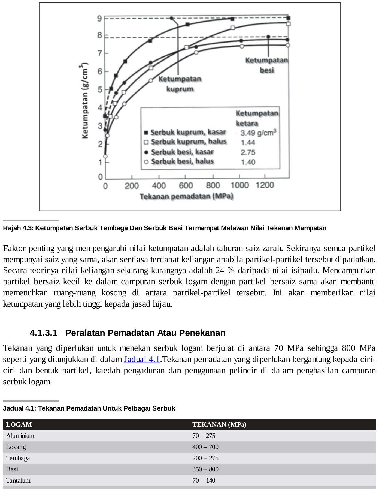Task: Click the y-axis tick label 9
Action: [x=99, y=19]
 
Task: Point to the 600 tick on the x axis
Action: [x=186, y=186]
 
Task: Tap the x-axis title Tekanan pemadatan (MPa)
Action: [x=186, y=196]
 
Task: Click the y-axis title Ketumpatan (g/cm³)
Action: [x=85, y=101]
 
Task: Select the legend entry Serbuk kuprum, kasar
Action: [x=188, y=132]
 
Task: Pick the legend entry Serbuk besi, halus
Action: [x=182, y=161]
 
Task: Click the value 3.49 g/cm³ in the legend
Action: [x=258, y=133]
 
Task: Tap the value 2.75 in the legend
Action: [x=248, y=152]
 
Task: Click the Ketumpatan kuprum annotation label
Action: [x=180, y=84]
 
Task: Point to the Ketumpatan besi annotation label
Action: [x=266, y=65]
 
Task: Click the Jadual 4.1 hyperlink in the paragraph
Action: [x=142, y=359]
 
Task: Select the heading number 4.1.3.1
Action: [x=44, y=333]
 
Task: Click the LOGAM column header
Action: [x=19, y=424]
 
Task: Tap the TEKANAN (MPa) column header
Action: [x=219, y=424]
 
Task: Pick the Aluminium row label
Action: [x=20, y=436]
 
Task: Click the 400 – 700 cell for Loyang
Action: [x=205, y=447]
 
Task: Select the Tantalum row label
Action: [x=18, y=480]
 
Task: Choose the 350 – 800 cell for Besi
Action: [x=205, y=469]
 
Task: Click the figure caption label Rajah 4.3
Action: [x=18, y=228]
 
